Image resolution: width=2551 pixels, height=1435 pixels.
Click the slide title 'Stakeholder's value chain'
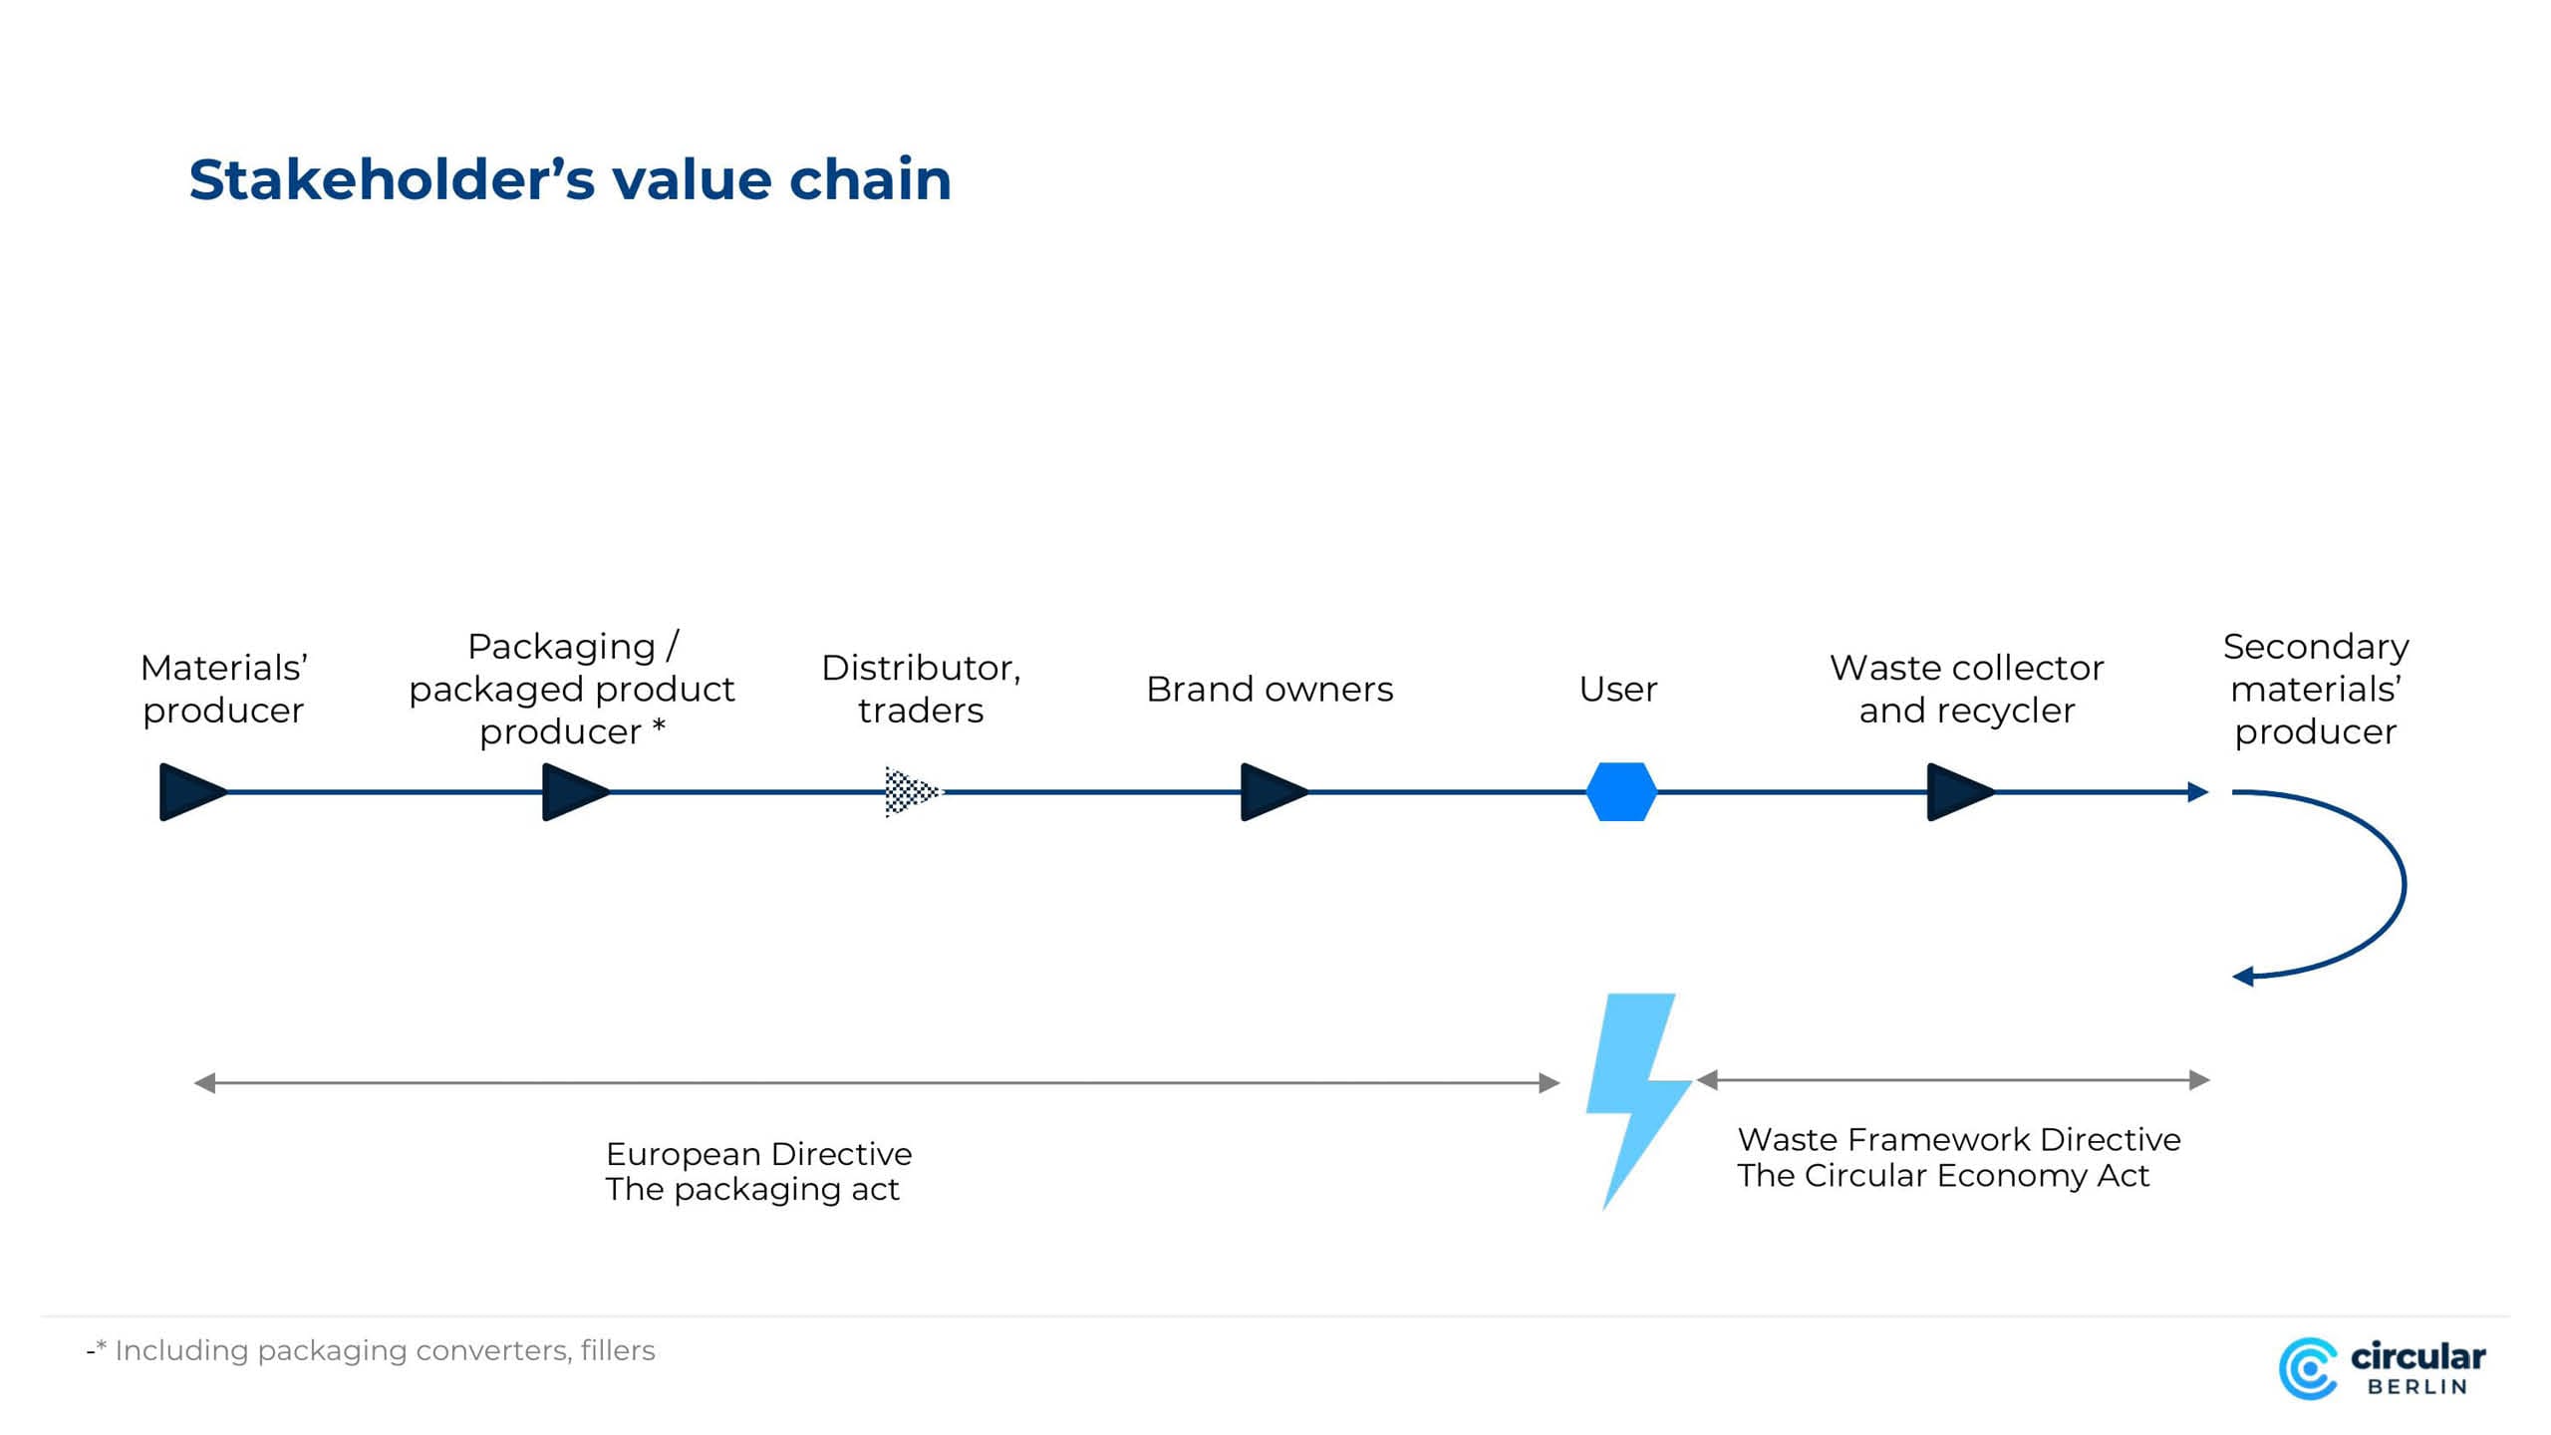tap(570, 180)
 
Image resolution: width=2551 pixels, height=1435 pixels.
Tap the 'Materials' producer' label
tap(223, 689)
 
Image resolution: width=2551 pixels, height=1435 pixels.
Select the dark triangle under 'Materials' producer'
tap(193, 792)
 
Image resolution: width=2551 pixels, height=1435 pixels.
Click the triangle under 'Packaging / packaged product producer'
tap(576, 792)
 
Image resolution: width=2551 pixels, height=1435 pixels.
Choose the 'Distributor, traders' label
tap(921, 689)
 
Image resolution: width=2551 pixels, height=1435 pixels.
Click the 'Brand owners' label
tap(1270, 690)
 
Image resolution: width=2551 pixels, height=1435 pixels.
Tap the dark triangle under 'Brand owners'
tap(1275, 792)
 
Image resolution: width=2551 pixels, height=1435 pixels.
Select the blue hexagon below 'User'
tap(1621, 792)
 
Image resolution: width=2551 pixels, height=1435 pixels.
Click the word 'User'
tap(1618, 690)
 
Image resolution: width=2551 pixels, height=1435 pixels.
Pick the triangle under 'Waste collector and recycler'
tap(1961, 792)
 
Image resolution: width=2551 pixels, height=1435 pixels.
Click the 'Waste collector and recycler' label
tap(1967, 689)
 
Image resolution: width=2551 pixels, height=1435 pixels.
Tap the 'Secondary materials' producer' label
tap(2316, 689)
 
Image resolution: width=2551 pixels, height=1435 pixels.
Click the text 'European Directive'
tap(758, 1154)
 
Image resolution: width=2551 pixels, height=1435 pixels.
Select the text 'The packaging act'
tap(752, 1190)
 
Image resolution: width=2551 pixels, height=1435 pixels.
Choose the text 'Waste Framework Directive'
tap(1959, 1140)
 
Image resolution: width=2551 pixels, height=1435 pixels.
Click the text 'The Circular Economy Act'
tap(1943, 1176)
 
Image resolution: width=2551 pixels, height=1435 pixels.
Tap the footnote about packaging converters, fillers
tap(371, 1351)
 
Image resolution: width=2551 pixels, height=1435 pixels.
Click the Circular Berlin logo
tap(2383, 1368)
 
